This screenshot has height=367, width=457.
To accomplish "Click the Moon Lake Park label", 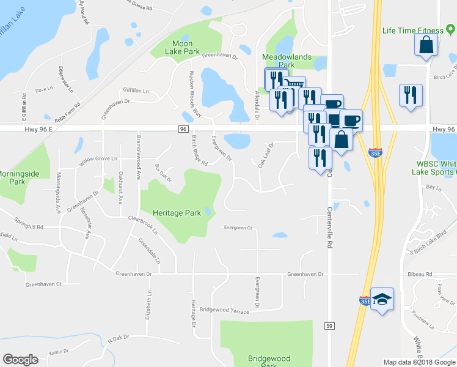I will (x=183, y=48).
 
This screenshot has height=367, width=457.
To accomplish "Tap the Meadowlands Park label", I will (x=287, y=61).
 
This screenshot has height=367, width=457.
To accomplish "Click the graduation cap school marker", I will (x=382, y=299).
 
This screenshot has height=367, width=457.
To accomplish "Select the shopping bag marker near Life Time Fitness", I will (x=426, y=45).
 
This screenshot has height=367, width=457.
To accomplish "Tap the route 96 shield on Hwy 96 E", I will (x=183, y=129).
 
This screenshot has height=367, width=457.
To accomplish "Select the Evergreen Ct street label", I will (x=238, y=228).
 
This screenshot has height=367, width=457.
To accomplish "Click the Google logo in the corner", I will (x=20, y=359).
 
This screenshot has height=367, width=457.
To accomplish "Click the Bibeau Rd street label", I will (x=420, y=275).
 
